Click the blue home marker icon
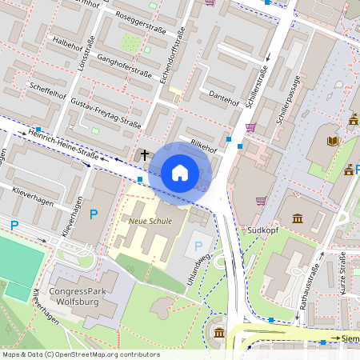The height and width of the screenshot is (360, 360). [180, 172]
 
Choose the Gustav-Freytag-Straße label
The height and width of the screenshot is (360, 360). [106, 114]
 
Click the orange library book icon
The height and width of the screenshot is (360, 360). [333, 142]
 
